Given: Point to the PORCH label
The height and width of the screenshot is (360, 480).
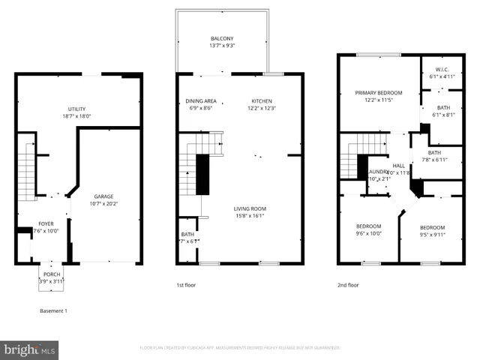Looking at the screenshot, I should click(x=52, y=274).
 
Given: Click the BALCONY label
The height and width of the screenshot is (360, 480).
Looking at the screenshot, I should click(x=222, y=39).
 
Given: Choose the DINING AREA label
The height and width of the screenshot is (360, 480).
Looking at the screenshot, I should click(x=201, y=101).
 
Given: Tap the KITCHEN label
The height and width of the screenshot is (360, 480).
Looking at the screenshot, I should click(x=262, y=101).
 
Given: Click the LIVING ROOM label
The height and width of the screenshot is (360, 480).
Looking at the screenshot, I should click(x=251, y=208).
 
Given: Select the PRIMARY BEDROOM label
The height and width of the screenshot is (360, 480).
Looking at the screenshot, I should click(x=379, y=93).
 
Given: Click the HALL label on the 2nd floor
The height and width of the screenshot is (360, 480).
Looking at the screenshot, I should click(x=399, y=166).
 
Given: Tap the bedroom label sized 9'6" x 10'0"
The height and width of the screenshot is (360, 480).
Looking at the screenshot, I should click(x=368, y=233).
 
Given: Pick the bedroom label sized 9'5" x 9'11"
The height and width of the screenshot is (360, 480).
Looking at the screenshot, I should click(x=432, y=235).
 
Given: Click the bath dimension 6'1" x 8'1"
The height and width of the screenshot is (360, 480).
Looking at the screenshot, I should click(x=443, y=115).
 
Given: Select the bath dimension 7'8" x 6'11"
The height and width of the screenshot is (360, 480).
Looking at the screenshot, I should click(x=434, y=160).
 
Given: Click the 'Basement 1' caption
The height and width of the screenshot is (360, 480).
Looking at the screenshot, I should click(x=53, y=310).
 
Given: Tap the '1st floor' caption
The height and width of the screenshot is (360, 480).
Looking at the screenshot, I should click(x=186, y=285).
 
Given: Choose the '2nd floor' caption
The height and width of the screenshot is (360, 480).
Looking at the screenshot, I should click(x=348, y=285).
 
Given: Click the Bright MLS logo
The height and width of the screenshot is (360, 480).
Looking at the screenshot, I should click(x=30, y=349).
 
